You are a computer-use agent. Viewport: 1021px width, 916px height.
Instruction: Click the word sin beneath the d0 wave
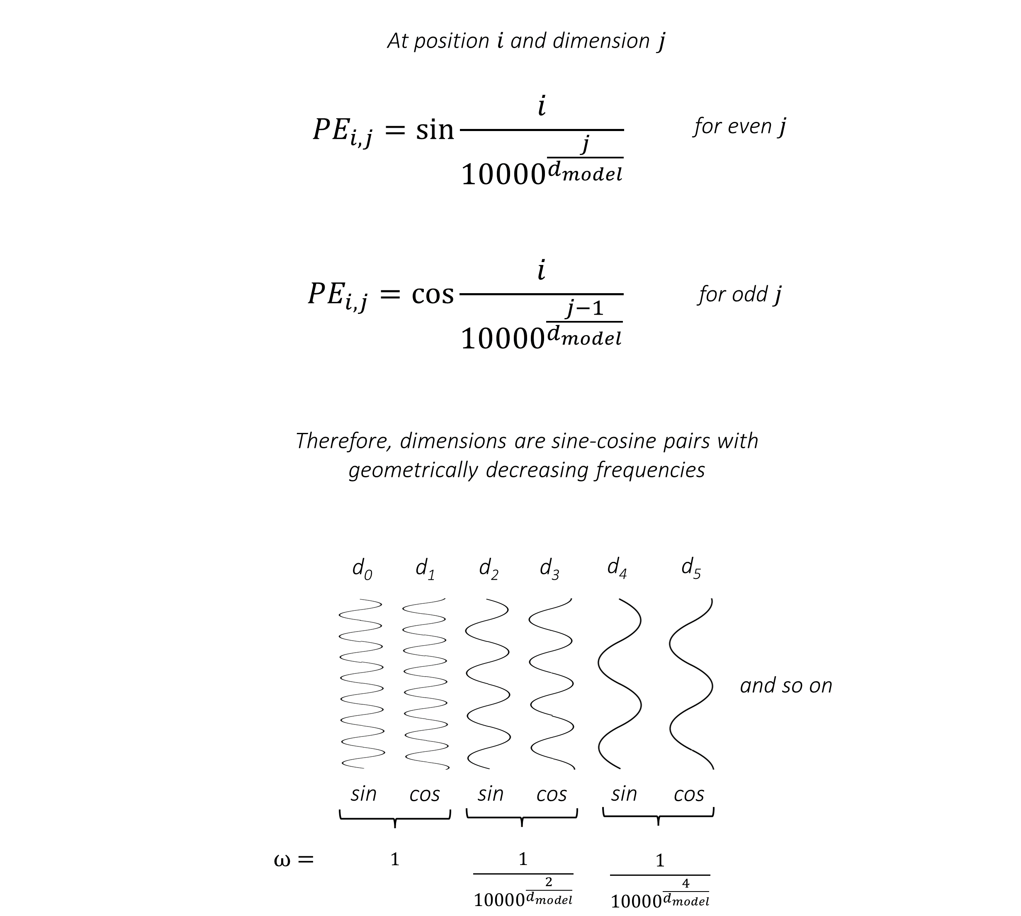click(x=363, y=794)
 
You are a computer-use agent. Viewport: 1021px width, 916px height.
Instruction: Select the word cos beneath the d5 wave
click(x=688, y=795)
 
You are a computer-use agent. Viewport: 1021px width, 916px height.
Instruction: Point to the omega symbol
click(x=282, y=860)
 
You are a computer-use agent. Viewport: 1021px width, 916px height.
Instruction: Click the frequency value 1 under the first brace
click(x=395, y=860)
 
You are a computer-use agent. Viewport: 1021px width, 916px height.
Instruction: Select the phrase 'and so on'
click(x=786, y=685)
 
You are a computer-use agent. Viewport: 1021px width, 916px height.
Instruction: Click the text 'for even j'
click(x=739, y=126)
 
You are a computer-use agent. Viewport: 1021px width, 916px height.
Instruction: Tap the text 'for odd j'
click(x=739, y=294)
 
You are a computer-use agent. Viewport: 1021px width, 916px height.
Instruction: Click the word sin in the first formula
click(x=435, y=129)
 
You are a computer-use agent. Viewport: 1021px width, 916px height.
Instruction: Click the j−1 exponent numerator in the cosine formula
click(x=585, y=308)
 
